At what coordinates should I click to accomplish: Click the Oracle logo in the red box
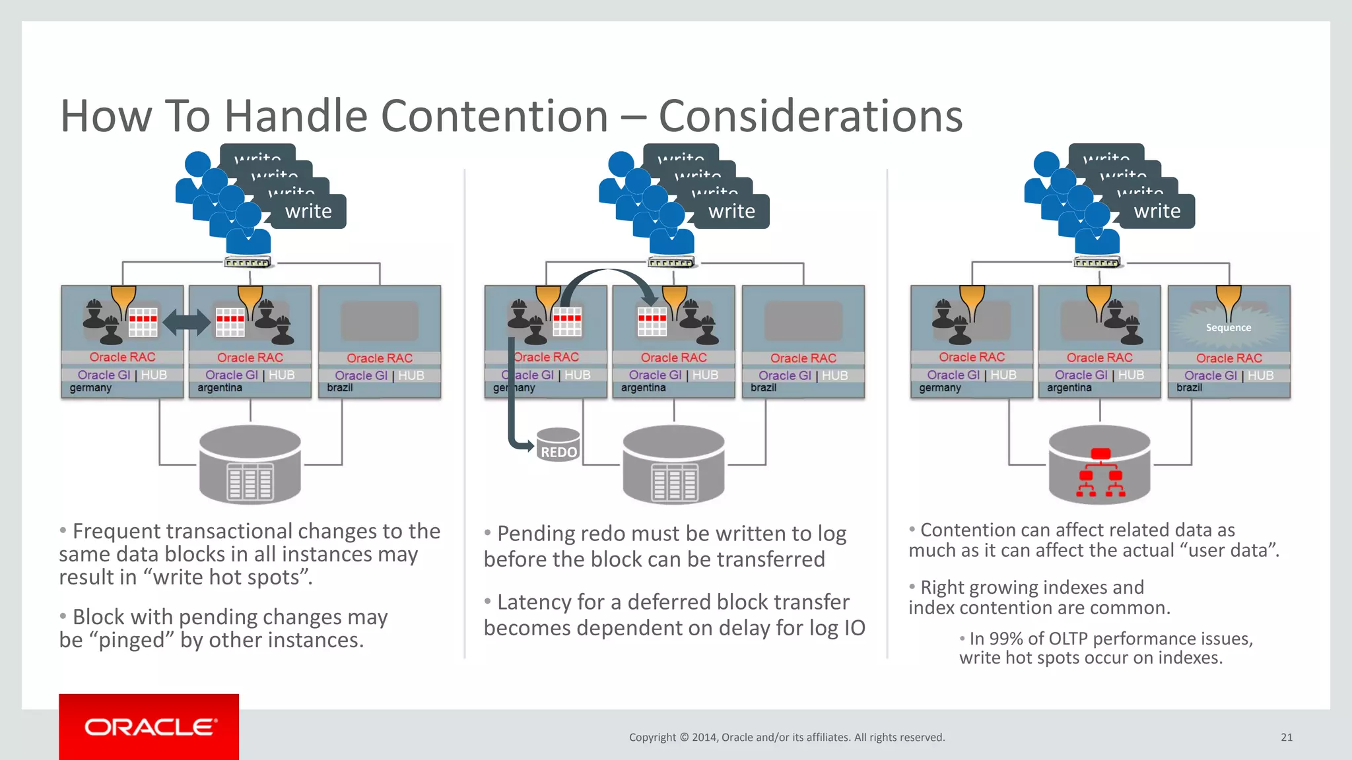(150, 727)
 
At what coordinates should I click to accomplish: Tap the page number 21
(1286, 738)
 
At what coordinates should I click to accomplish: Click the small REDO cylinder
(558, 445)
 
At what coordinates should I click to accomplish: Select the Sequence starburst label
(1228, 327)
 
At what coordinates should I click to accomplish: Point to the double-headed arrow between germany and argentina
(186, 323)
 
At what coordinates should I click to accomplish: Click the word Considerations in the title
(811, 116)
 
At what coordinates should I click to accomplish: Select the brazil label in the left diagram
(340, 388)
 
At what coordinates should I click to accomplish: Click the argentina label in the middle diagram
(643, 388)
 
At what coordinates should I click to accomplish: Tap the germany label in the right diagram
(940, 388)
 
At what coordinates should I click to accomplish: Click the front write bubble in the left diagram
(308, 211)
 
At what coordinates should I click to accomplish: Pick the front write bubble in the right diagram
(1157, 211)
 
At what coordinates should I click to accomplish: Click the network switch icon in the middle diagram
(671, 263)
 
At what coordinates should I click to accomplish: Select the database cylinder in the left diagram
(250, 464)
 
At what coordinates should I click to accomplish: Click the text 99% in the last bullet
(1006, 639)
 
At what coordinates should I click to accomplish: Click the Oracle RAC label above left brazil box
(380, 358)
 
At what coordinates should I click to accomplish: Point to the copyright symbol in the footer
(684, 738)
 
